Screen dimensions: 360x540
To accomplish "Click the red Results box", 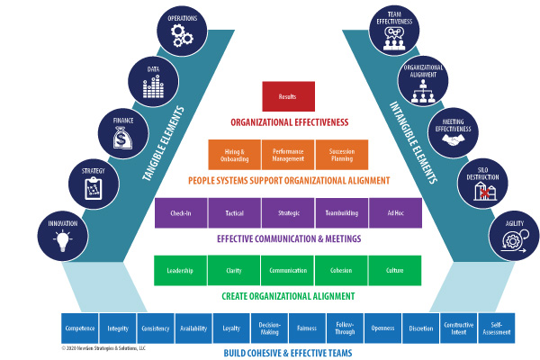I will pos(287,96).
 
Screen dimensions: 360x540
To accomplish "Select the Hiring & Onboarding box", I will pos(234,154).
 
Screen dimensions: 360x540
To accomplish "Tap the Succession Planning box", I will pos(341,154).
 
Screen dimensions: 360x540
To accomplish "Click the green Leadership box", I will pos(181,269).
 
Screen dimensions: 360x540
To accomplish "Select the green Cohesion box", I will pos(341,269).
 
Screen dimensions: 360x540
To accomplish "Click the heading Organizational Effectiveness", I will pos(287,122).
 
